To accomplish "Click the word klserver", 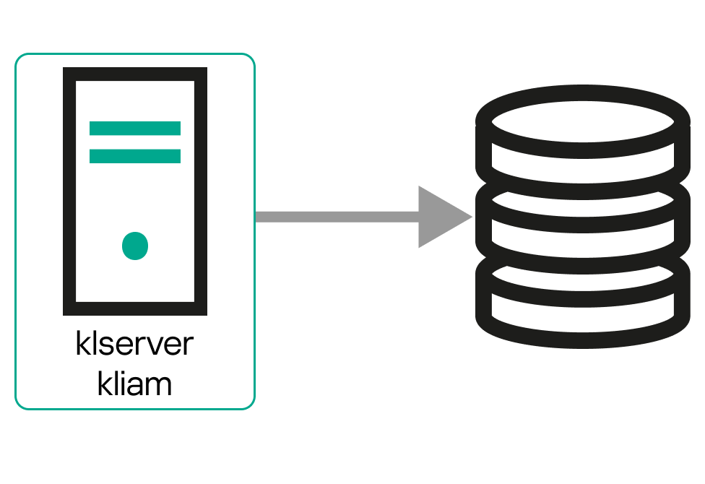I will click(134, 344).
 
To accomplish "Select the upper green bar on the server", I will click(135, 129).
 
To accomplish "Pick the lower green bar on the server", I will click(135, 156).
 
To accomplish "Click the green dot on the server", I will click(135, 246).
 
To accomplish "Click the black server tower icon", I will click(135, 191).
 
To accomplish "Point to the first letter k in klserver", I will click(83, 344).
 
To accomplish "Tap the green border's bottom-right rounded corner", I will click(250, 405).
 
